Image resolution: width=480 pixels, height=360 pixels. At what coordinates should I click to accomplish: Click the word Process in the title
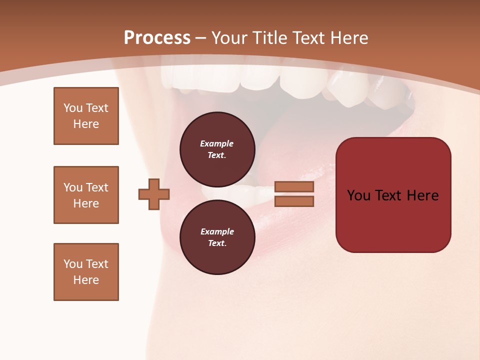(157, 38)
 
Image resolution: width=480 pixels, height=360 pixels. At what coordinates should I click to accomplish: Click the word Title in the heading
(270, 38)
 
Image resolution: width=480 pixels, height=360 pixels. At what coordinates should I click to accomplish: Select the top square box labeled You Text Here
(86, 116)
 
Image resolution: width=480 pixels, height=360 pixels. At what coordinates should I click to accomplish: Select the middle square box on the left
(86, 195)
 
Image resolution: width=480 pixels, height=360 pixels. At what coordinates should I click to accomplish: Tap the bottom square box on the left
(86, 272)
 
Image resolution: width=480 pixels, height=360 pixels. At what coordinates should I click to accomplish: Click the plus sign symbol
(154, 194)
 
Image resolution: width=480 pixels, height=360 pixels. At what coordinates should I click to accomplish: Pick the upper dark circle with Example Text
(217, 149)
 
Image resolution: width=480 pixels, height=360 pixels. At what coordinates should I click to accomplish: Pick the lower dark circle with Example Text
(217, 237)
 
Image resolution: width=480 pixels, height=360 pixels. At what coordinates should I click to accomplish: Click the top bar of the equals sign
(294, 186)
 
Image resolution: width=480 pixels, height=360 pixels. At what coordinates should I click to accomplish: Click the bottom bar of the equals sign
(294, 201)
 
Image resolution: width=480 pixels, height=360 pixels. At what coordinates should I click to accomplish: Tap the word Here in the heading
(349, 38)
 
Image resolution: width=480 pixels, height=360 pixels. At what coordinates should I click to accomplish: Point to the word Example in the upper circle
(217, 143)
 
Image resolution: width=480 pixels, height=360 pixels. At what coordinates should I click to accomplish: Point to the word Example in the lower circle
(217, 231)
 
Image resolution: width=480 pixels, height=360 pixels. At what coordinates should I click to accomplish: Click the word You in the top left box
(73, 108)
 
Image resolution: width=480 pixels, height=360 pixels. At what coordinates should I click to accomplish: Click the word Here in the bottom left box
(86, 280)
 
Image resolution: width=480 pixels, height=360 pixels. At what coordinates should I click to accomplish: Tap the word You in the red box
(358, 195)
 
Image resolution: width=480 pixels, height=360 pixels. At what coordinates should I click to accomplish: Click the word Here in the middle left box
(86, 203)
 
